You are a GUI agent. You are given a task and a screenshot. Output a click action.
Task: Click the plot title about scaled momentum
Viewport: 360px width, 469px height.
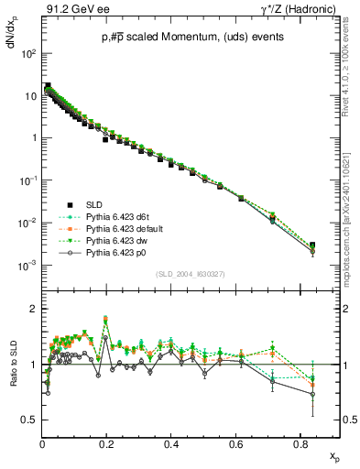coord(192,36)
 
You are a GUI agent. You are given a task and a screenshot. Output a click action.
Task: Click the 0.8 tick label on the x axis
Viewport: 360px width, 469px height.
coord(300,442)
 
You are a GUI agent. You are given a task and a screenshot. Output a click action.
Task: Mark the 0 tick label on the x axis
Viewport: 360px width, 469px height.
coord(42,442)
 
